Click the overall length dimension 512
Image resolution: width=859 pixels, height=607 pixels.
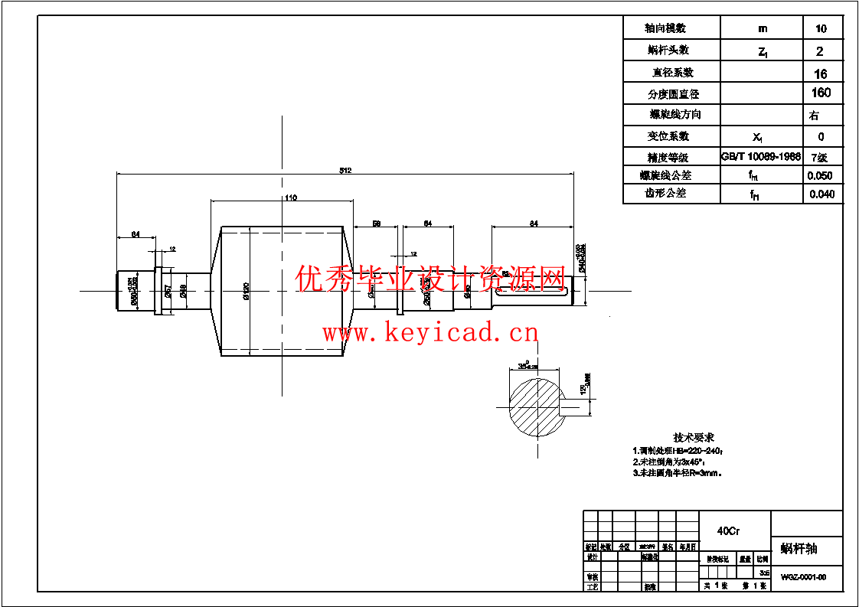pos(345,171)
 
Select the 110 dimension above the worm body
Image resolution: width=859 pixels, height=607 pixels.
pos(290,197)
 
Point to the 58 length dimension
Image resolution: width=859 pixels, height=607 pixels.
pos(377,224)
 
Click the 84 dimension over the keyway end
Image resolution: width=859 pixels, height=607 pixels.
pos(534,224)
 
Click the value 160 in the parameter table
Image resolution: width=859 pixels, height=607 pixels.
pos(821,93)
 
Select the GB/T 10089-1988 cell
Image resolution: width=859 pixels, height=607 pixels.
pos(761,156)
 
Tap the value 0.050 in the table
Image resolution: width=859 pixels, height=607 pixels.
pos(821,175)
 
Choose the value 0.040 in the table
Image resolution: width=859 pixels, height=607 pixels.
pos(821,194)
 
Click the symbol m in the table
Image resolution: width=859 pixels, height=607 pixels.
pos(762,28)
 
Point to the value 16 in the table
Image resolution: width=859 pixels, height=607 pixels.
pos(821,73)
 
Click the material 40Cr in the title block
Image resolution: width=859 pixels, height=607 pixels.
pos(728,530)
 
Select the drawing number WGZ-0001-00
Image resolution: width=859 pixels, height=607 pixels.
pos(803,577)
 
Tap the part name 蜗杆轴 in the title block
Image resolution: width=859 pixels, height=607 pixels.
pos(799,548)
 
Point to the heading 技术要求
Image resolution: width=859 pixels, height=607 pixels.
pos(693,437)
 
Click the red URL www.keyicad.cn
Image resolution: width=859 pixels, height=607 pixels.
pos(430,333)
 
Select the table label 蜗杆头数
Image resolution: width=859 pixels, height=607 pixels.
pos(668,50)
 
